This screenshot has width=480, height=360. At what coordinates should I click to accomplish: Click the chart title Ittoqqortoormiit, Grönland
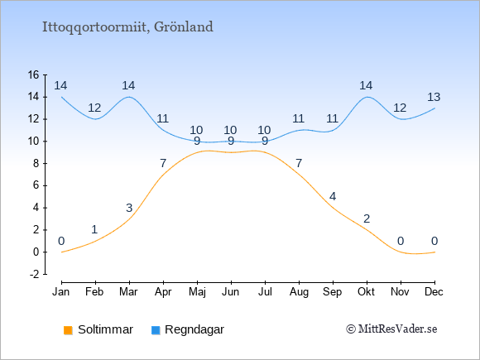(x=127, y=27)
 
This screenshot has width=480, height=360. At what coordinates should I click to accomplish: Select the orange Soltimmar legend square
(x=68, y=330)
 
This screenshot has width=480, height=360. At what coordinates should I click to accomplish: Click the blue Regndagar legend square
(x=156, y=330)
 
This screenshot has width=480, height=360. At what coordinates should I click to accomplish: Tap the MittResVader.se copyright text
(x=391, y=329)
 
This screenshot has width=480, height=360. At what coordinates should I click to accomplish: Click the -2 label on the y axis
(x=35, y=274)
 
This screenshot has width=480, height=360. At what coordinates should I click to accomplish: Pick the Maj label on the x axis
(x=197, y=292)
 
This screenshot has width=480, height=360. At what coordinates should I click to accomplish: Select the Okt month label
(x=366, y=292)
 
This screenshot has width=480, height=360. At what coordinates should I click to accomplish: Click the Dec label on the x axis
(x=434, y=292)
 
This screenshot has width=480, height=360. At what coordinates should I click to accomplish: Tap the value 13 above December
(x=434, y=97)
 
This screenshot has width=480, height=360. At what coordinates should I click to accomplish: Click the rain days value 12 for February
(x=94, y=108)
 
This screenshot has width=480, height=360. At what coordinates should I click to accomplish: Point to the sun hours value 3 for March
(x=129, y=208)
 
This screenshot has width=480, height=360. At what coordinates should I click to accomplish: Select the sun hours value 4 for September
(x=333, y=196)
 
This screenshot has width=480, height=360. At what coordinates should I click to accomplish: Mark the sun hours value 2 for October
(x=367, y=218)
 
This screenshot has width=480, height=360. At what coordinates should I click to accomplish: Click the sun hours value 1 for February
(x=94, y=229)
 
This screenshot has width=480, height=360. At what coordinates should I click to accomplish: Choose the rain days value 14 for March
(x=128, y=85)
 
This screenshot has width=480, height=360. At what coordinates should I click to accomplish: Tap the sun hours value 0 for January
(x=61, y=241)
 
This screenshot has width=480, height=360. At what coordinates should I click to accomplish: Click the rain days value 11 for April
(x=163, y=118)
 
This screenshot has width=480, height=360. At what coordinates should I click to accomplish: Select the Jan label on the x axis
(x=61, y=292)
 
